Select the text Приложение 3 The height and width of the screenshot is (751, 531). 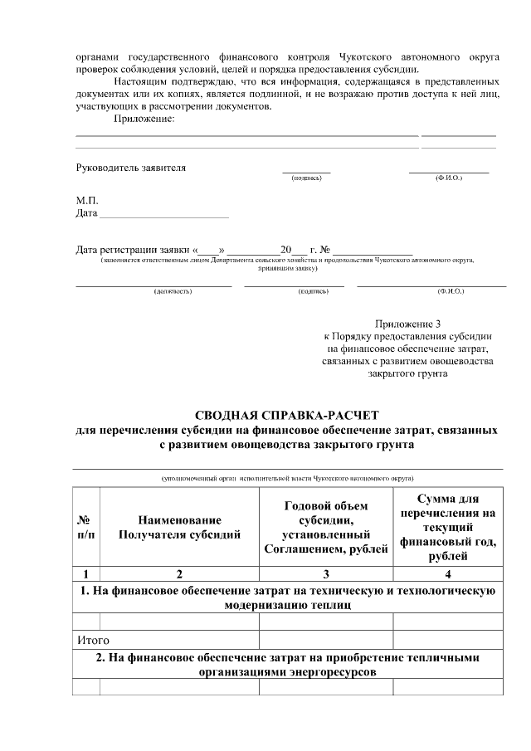click(407, 323)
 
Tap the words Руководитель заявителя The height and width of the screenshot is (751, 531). click(131, 168)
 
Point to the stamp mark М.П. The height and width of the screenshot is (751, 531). click(87, 201)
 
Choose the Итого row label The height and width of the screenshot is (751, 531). click(93, 641)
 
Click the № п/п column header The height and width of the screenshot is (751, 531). click(86, 527)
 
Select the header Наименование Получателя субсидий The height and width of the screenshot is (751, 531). click(179, 527)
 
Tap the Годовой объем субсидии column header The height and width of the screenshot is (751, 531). click(326, 527)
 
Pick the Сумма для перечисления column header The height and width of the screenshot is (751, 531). click(448, 527)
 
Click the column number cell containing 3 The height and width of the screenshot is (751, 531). click(326, 573)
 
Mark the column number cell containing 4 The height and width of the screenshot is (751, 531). click(448, 573)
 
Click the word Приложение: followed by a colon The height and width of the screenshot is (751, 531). click(144, 119)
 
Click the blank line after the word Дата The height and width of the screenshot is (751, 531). click(163, 214)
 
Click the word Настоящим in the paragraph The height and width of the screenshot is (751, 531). click(138, 83)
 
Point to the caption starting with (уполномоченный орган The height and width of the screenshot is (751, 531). click(287, 479)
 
